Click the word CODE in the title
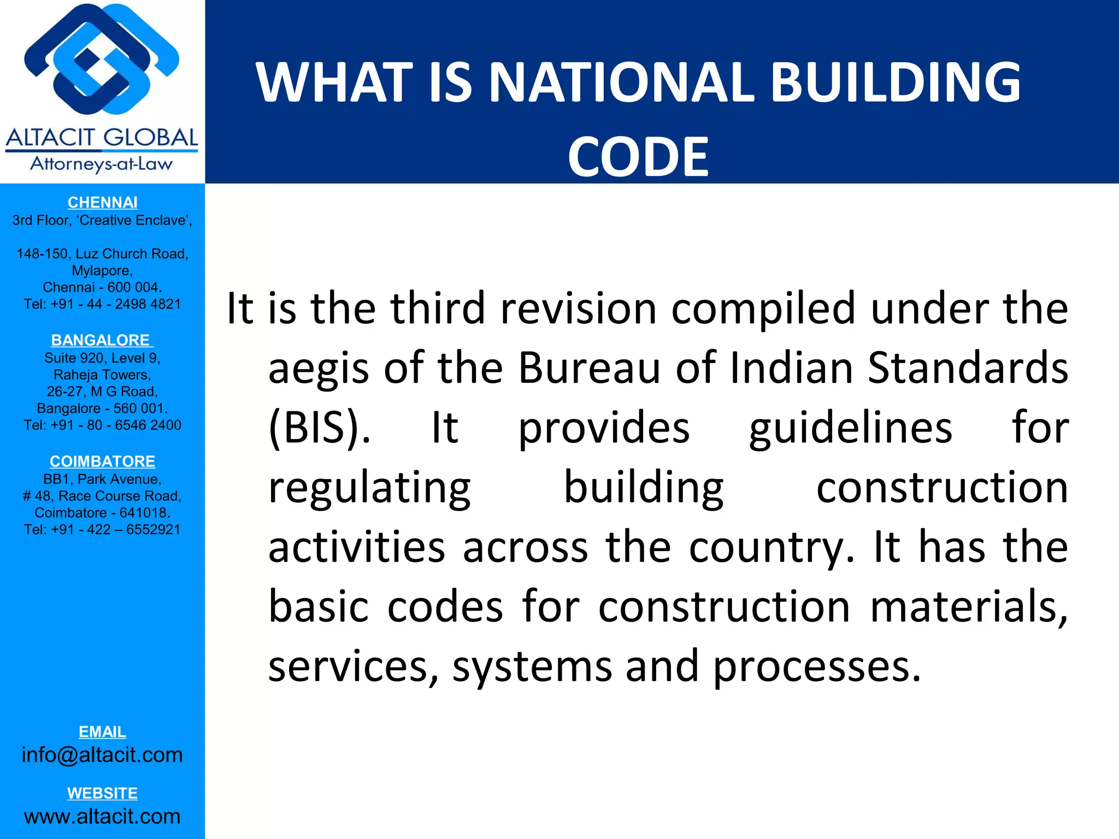[638, 157]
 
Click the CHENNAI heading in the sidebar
[102, 203]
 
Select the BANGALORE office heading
[101, 340]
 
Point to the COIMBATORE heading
[102, 462]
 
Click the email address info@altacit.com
[102, 755]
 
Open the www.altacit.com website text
[102, 817]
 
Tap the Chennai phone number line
[102, 304]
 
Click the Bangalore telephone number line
[102, 426]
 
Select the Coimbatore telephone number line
[102, 530]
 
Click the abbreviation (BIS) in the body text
[319, 428]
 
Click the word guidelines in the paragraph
[850, 428]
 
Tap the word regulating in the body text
[369, 488]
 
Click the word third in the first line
[438, 308]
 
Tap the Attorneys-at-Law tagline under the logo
[101, 164]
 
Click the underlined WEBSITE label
[102, 793]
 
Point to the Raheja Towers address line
[102, 375]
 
